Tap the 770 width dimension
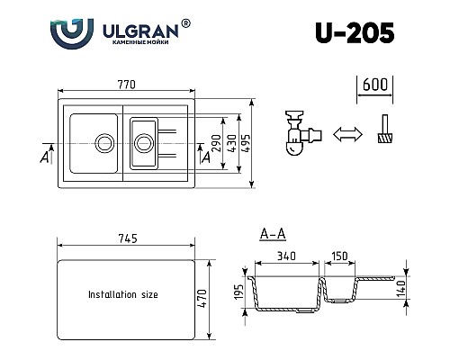click(x=125, y=85)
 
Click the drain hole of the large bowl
click(x=105, y=141)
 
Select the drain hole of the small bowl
click(x=142, y=141)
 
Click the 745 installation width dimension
click(x=126, y=239)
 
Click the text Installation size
click(x=122, y=294)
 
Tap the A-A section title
click(x=273, y=236)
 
